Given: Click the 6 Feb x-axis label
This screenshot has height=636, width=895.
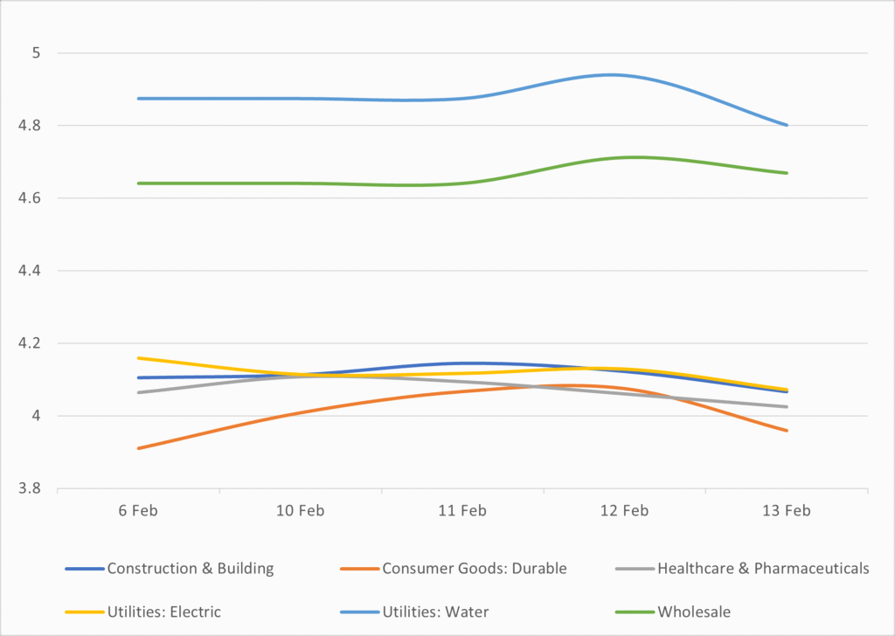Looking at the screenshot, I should (138, 511).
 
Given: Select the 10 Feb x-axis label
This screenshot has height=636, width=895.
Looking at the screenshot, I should (300, 511).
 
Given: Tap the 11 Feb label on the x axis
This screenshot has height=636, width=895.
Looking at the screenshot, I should (462, 511).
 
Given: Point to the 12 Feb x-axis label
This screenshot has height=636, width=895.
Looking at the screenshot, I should (624, 511).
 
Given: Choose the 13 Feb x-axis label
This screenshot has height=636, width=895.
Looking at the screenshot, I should (787, 511).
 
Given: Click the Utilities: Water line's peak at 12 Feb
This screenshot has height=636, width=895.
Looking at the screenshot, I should (615, 74).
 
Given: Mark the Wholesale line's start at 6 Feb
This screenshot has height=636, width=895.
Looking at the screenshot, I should (138, 183).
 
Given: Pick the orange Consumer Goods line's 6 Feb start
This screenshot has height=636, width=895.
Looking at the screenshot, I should (138, 448).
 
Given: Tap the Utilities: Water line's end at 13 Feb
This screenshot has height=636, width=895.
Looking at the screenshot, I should (787, 125).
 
